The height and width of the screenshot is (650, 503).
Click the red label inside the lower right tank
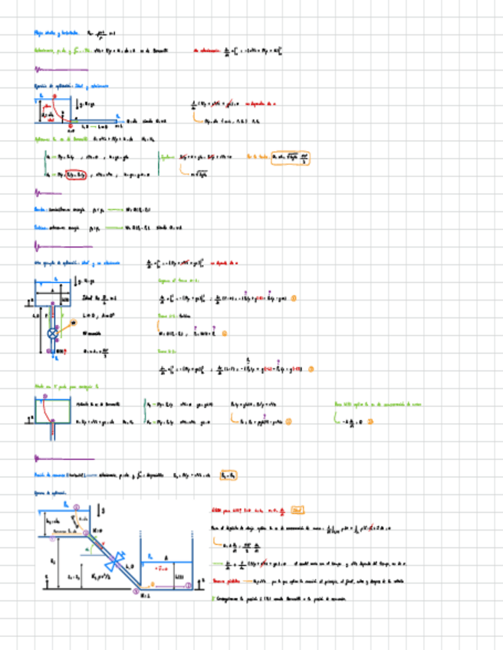(162, 568)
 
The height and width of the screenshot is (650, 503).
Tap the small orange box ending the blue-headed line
(228, 475)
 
